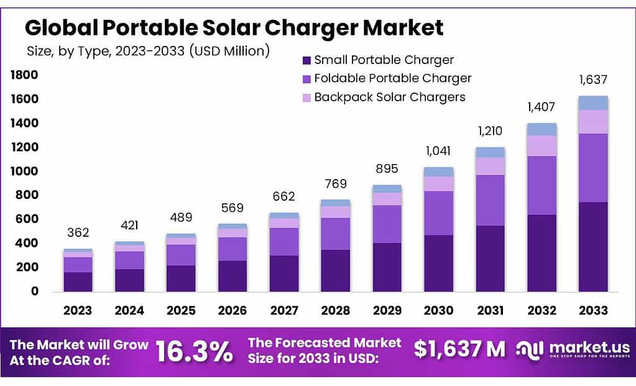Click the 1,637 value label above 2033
coord(592,80)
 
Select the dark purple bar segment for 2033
coord(592,246)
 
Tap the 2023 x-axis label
coord(77,310)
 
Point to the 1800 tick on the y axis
coord(24,75)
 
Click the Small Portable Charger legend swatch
coord(306,60)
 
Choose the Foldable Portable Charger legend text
coord(392,78)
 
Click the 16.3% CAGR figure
coord(193,352)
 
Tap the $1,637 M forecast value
coord(459,350)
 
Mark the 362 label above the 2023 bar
coord(78,233)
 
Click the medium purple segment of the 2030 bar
coord(438,213)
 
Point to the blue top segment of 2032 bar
coord(541,129)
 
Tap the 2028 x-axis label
coord(335,310)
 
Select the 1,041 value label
coord(438,151)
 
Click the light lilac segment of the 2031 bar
coord(489,166)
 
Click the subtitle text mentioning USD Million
coord(148,52)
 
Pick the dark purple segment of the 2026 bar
coord(232,275)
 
